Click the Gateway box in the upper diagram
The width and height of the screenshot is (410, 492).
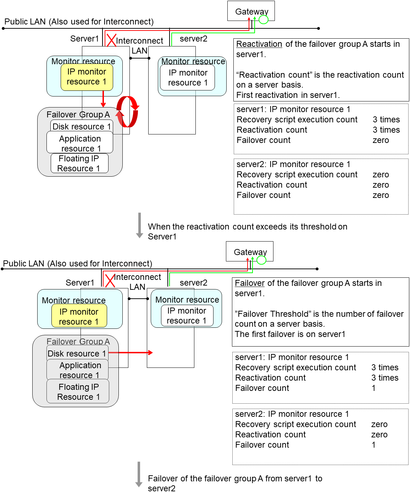251,11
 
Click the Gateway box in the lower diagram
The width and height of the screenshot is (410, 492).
249,251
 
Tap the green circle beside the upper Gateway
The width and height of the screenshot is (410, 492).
264,20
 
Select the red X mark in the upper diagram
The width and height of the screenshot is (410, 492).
111,40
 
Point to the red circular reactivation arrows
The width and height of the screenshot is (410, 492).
127,111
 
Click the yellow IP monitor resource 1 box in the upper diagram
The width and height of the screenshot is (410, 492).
87,77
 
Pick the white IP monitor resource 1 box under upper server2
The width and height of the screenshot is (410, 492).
188,78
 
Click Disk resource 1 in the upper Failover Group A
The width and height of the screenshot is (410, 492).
82,127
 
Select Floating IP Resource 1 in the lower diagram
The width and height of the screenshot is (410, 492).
78,392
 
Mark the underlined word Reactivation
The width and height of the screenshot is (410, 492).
259,44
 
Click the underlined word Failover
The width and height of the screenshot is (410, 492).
250,283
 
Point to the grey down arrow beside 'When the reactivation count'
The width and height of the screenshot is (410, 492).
139,225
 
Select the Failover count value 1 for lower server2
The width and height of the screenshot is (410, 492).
373,445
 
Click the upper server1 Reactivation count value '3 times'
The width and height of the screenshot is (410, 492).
386,130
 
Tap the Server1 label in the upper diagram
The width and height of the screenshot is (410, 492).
84,39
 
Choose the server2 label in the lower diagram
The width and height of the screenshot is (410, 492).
193,283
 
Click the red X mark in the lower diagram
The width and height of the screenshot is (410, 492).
110,281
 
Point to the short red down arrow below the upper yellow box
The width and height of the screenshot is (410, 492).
103,99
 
